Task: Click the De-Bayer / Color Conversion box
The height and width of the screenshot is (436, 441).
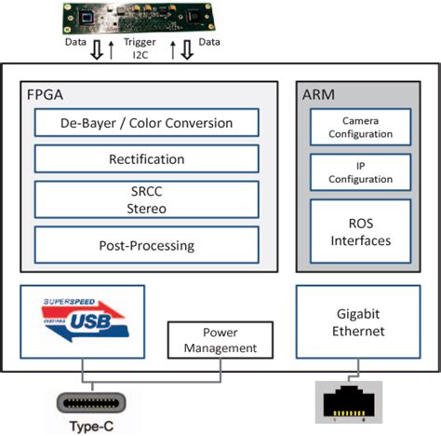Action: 146,122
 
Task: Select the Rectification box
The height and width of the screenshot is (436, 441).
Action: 146,159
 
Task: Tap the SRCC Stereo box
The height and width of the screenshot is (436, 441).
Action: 146,200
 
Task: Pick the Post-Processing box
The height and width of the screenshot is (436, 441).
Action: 146,245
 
